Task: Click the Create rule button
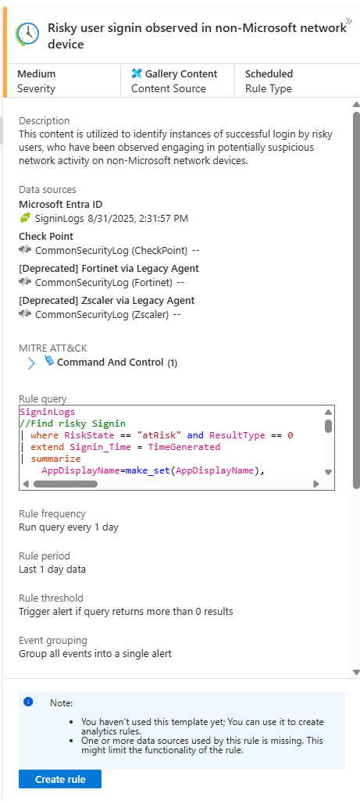(60, 780)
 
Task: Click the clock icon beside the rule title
(27, 34)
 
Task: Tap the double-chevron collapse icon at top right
(349, 21)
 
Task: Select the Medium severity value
(37, 73)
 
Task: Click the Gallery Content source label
(181, 73)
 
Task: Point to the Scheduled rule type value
(269, 73)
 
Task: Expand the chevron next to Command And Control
(30, 363)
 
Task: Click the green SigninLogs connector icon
(25, 219)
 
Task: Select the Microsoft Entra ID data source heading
(60, 205)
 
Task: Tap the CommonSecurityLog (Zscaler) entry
(102, 314)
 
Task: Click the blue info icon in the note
(28, 702)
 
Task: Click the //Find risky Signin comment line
(73, 423)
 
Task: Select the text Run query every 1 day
(69, 527)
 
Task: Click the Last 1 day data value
(52, 569)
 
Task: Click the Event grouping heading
(53, 640)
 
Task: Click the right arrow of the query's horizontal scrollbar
(316, 484)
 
